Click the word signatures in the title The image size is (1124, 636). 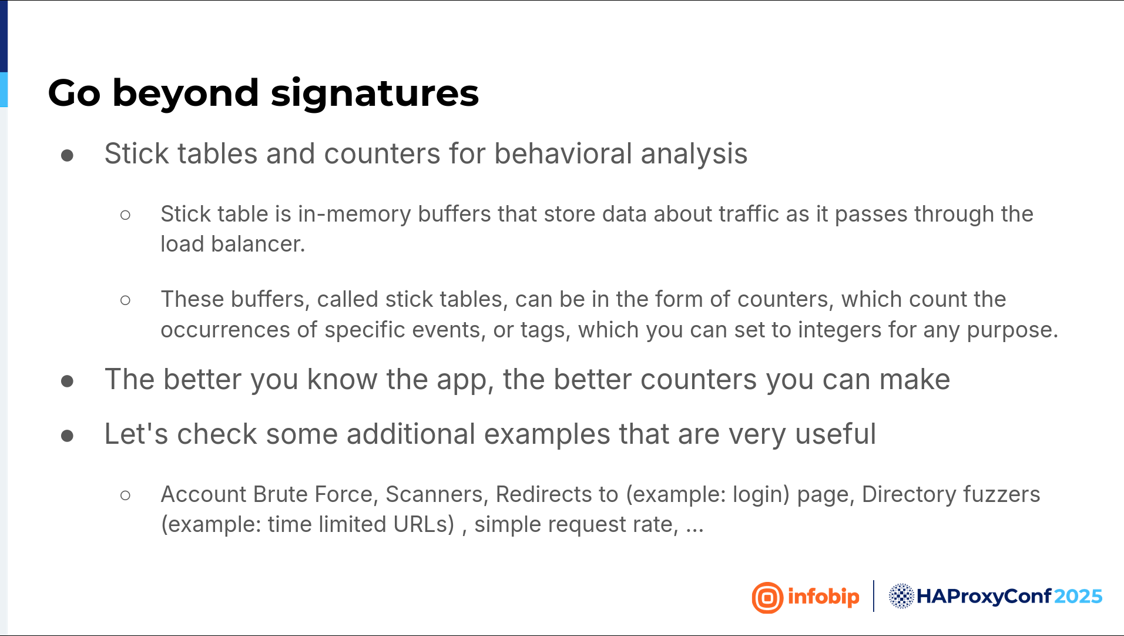pyautogui.click(x=374, y=93)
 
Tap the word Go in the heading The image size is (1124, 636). pyautogui.click(x=75, y=93)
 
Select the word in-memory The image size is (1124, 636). pyautogui.click(x=354, y=214)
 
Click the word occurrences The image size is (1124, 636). pyautogui.click(x=226, y=330)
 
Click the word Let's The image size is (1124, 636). pyautogui.click(x=136, y=434)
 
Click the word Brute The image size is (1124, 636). pyautogui.click(x=281, y=494)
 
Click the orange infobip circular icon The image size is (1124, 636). pyautogui.click(x=767, y=598)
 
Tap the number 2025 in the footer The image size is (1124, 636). pyautogui.click(x=1078, y=597)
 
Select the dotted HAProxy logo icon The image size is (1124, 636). pyautogui.click(x=901, y=596)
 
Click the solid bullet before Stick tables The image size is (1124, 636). pyautogui.click(x=67, y=155)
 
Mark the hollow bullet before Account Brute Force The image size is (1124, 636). pyautogui.click(x=125, y=496)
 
